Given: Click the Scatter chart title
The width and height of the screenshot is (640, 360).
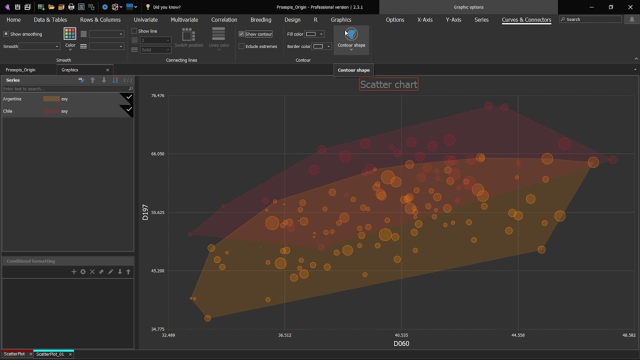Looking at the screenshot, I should pos(388,84).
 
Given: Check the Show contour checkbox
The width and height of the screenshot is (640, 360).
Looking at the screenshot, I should pos(241,34).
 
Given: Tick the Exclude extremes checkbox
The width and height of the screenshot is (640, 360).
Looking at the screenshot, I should pos(241,46).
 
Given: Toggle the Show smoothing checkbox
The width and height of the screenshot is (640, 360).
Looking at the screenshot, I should pos(6,34).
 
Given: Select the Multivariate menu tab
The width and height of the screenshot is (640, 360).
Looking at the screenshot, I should pos(184,20).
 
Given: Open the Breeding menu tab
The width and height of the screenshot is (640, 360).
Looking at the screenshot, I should pos(260,20).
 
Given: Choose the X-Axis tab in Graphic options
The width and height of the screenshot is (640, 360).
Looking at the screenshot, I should pos(424,20).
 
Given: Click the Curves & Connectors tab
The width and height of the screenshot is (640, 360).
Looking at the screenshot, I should pos(526,20).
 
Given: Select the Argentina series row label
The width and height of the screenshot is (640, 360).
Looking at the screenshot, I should pos(12,99).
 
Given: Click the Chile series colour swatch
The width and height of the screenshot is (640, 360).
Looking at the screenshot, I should pos(51,111).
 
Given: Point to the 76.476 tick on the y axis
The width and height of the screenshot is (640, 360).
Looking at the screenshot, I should pos(157,95).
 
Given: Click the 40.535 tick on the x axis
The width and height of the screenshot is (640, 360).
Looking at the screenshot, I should pos(401,335).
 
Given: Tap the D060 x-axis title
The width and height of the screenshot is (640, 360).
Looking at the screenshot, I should pos(401,343).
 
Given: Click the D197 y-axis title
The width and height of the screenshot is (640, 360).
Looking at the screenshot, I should pos(145,212).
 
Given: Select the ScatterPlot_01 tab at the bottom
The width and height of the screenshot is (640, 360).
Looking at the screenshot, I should pos(50,354).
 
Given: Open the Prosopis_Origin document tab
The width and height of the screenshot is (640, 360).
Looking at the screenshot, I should pos(20,70).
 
